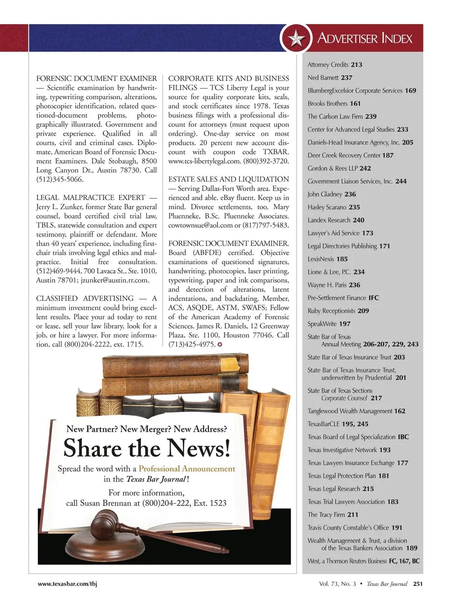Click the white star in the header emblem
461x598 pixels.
(x=296, y=38)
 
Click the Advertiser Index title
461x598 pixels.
(x=364, y=38)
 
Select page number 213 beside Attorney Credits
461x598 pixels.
(x=356, y=65)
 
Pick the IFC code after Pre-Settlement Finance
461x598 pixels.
(x=373, y=298)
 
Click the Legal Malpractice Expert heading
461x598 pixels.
(x=91, y=198)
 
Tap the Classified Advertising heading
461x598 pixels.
(x=85, y=298)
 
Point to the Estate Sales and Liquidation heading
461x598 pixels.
(x=229, y=179)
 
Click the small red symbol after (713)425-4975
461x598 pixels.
(x=220, y=344)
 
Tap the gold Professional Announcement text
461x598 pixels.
(x=187, y=469)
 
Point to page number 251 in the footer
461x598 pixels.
(x=418, y=584)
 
